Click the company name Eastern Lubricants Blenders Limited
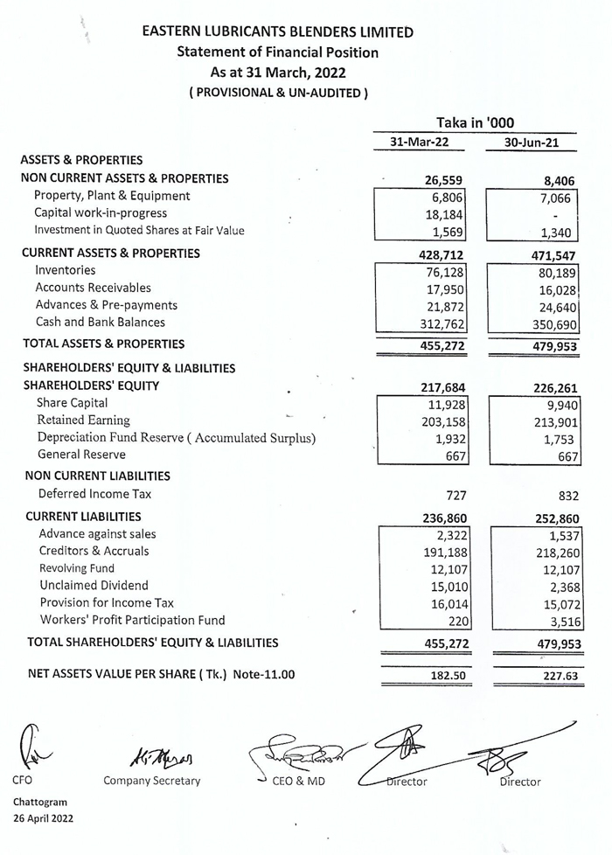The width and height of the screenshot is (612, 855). (x=278, y=32)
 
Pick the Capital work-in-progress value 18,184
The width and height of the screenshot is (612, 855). (x=442, y=215)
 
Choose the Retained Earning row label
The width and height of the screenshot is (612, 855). (x=83, y=421)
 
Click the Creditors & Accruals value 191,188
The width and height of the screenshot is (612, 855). (x=441, y=553)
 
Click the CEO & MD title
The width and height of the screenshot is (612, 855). (x=297, y=781)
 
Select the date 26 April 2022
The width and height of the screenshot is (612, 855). (x=43, y=818)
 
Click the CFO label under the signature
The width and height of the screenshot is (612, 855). (x=23, y=781)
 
